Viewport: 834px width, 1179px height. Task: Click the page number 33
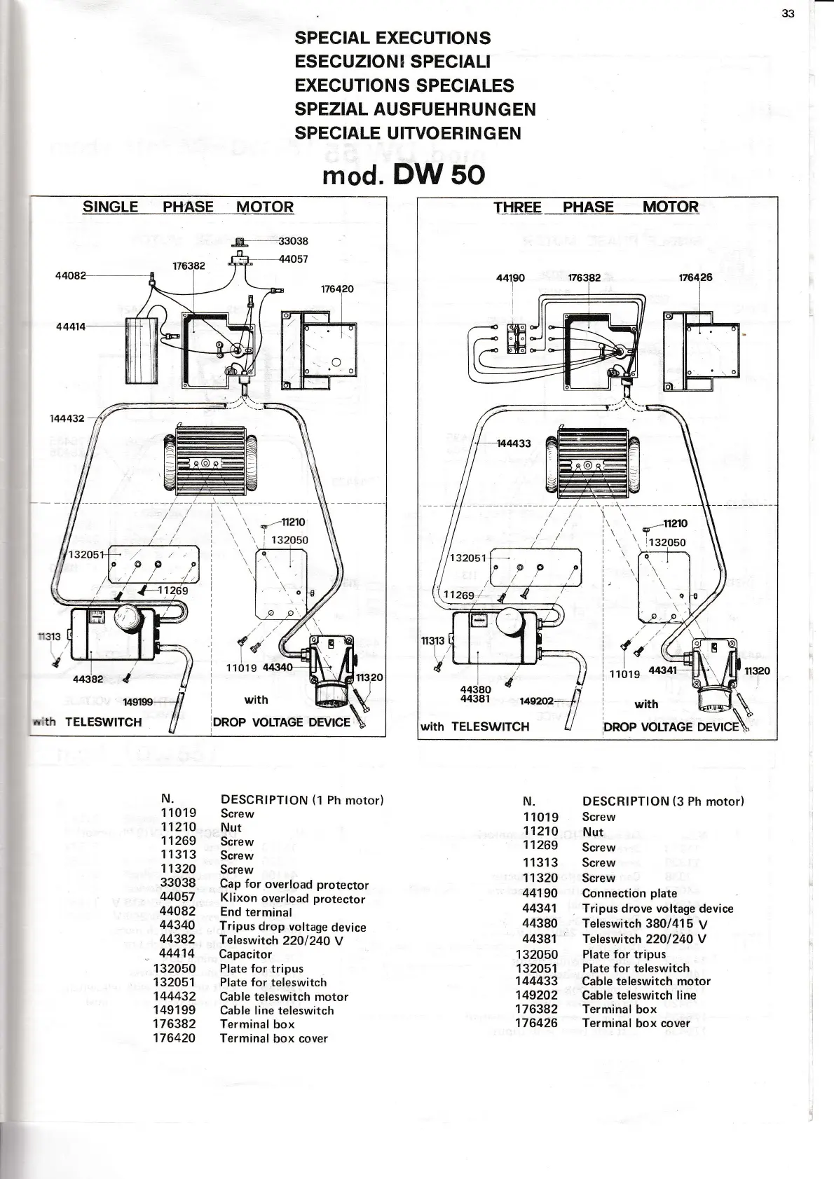click(788, 13)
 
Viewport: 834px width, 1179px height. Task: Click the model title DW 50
click(403, 174)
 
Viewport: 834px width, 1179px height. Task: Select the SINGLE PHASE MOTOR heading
click(188, 207)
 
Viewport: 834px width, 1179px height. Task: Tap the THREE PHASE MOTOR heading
click(596, 207)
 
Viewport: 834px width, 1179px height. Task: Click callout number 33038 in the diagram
click(293, 241)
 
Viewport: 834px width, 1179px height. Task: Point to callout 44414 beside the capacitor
click(70, 326)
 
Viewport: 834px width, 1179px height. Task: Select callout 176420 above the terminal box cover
click(337, 289)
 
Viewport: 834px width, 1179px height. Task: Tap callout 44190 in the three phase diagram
click(510, 277)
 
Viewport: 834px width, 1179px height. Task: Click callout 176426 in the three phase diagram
click(695, 277)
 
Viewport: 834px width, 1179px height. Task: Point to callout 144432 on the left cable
click(67, 418)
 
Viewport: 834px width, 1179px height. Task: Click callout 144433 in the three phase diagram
click(514, 443)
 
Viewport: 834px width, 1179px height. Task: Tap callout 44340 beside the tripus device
click(278, 667)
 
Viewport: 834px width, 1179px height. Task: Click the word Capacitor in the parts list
click(245, 954)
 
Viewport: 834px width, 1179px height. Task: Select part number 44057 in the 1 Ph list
click(177, 897)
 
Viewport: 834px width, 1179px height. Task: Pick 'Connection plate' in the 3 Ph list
click(629, 893)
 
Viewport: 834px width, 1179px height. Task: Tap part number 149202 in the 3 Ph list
click(536, 995)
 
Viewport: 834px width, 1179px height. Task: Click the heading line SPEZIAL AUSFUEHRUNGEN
click(415, 109)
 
